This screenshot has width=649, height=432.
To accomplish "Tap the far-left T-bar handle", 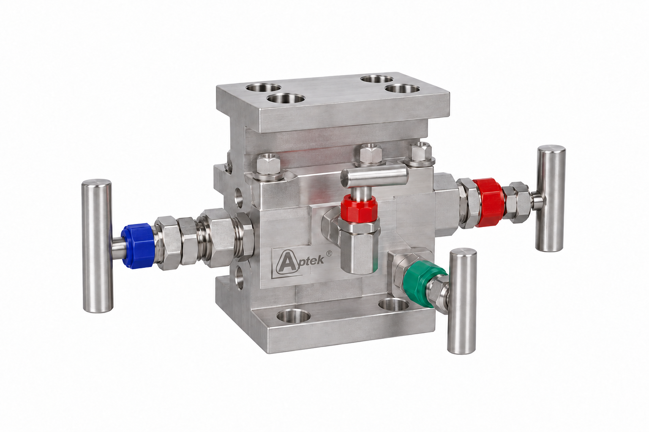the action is coord(97,246).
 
